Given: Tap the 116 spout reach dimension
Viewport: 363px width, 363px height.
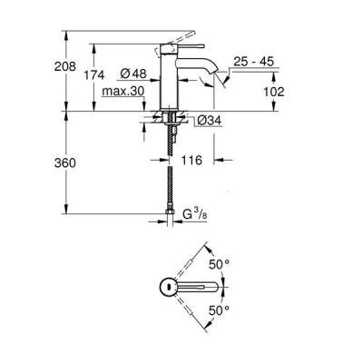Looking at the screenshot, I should click(x=192, y=160).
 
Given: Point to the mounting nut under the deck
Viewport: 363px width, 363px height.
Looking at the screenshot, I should click(x=170, y=118).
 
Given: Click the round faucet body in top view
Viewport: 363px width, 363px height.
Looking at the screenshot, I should click(x=167, y=287).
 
